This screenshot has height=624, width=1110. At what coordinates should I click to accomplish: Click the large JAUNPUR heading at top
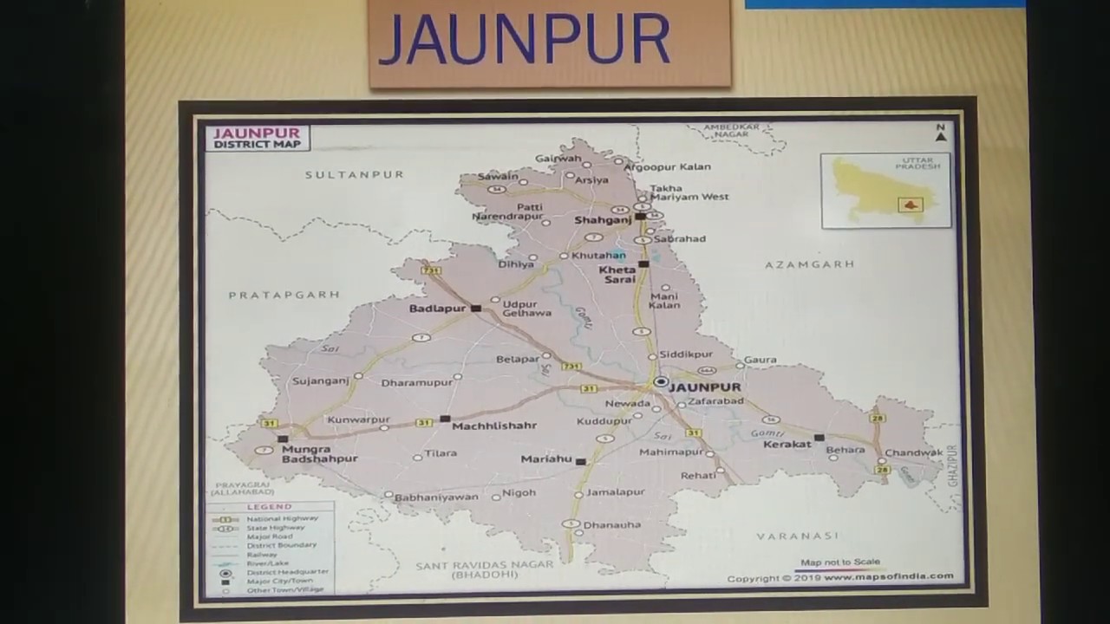(525, 40)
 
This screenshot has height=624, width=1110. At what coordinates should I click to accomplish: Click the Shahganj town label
(603, 220)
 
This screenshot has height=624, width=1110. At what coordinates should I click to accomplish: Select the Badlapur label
(439, 308)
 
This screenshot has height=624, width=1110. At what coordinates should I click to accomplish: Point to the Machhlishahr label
(494, 426)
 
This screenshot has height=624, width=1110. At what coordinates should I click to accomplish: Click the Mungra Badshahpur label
(319, 454)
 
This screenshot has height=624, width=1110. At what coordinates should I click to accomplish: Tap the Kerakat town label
(787, 444)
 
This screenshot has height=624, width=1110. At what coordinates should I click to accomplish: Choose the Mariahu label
(546, 459)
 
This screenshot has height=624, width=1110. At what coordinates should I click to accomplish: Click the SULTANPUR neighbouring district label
(354, 174)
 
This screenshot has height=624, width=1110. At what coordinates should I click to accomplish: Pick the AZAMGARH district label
(809, 264)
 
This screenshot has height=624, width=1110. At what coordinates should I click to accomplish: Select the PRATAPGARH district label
(284, 296)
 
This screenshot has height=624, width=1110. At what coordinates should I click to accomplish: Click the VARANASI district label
(797, 536)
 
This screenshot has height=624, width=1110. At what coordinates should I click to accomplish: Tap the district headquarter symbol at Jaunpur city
(661, 381)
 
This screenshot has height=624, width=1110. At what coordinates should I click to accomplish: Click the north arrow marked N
(941, 133)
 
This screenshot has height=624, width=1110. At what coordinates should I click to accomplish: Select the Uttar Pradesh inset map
(885, 191)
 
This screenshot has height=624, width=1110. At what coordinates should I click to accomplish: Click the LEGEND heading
(269, 507)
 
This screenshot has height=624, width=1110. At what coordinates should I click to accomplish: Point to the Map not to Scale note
(839, 562)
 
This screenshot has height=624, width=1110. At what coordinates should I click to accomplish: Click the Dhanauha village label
(611, 524)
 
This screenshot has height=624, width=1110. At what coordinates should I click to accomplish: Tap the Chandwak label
(913, 452)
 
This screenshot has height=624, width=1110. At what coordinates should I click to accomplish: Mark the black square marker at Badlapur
(476, 308)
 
